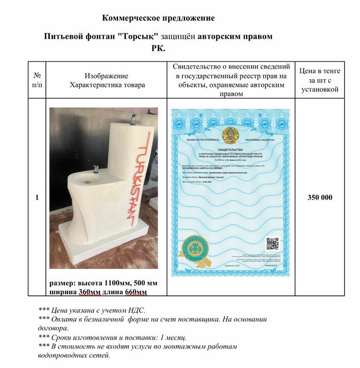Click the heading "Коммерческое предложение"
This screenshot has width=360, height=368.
point(158,18)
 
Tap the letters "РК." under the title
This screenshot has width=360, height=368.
point(158,49)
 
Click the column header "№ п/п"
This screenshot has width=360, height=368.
point(36,80)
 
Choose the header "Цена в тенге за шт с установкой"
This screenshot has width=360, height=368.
point(319,80)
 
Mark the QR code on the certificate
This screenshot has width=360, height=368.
point(272,244)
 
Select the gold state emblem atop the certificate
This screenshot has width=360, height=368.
point(230,135)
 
